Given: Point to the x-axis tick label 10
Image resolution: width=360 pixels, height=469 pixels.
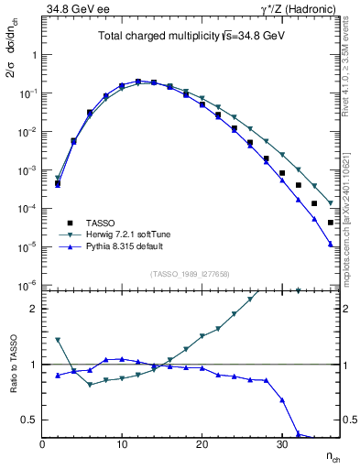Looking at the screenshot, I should [122, 444].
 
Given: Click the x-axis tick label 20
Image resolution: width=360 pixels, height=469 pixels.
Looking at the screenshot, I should [202, 444].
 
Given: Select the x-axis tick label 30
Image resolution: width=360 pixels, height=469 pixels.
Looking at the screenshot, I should [281, 444].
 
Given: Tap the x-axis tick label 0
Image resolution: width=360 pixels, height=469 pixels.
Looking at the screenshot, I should [42, 444].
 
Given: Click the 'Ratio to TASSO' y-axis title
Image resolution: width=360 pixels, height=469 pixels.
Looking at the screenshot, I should [11, 364].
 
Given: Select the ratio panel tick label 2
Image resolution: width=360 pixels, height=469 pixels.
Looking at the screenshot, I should [32, 309].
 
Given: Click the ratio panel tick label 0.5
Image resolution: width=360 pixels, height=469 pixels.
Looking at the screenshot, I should [29, 420].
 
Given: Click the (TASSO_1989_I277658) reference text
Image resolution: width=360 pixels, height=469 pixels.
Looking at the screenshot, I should [190, 275].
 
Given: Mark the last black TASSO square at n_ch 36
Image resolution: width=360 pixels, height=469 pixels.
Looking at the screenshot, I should [330, 223].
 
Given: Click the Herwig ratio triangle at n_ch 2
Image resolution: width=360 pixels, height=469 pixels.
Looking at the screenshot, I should [58, 340].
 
